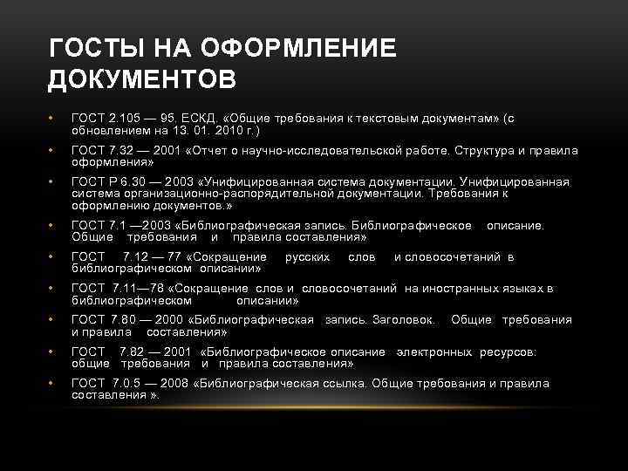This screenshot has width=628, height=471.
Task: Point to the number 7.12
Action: click(140, 257)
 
